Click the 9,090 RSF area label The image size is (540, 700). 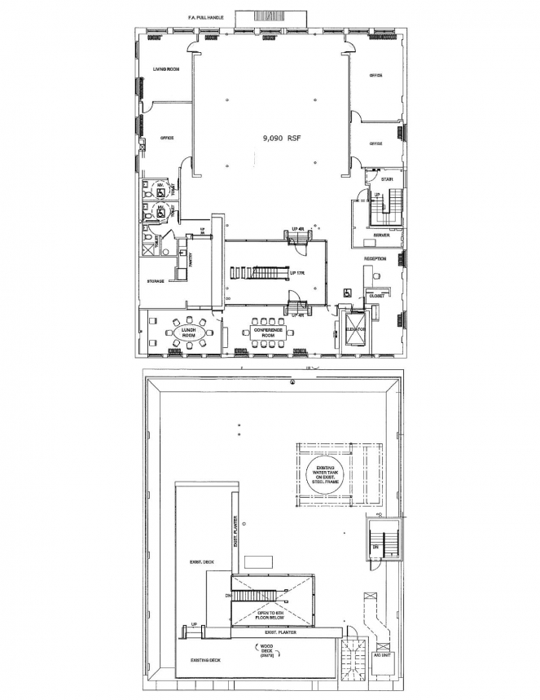coord(281,139)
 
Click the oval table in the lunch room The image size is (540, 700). coord(188,332)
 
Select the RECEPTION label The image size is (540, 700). coord(375,258)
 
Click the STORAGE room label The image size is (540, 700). coord(156,280)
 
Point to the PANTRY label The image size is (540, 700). coord(190,260)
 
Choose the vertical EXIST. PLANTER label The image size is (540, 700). coord(235,531)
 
